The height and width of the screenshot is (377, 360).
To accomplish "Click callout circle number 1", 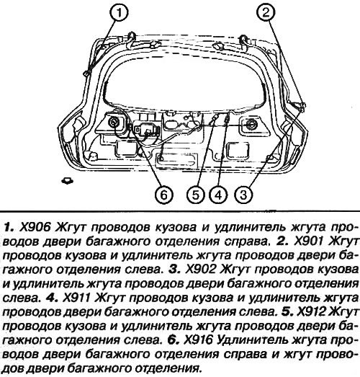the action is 119,12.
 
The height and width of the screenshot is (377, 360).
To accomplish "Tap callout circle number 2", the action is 266,12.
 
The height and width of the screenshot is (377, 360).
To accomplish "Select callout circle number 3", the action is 243,195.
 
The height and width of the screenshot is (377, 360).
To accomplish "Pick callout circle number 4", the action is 219,195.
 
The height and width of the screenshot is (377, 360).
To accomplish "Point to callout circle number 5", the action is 196,195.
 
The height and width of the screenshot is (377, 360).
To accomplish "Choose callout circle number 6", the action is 163,195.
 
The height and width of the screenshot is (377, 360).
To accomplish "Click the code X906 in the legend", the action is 35,227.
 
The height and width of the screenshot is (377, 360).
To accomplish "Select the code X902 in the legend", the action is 200,270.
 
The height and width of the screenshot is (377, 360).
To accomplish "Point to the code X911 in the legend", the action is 76,298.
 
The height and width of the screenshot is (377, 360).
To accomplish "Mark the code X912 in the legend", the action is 312,312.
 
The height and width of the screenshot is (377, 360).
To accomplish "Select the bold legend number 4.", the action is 52,298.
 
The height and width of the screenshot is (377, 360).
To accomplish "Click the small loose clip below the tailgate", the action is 68,180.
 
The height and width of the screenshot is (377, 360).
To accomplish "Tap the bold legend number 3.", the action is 174,270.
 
